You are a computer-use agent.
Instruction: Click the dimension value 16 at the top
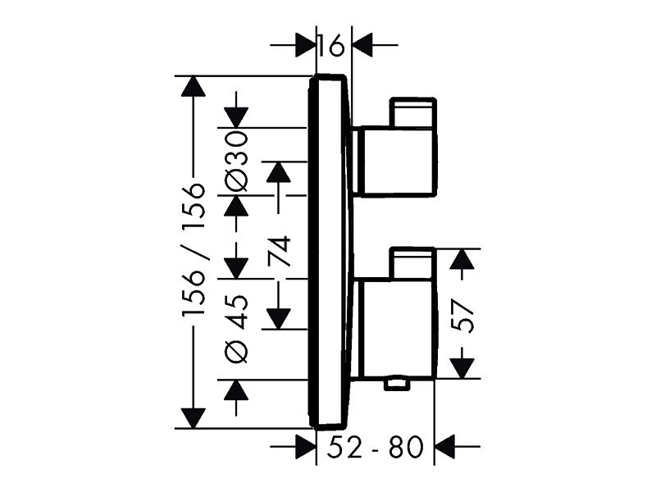(x=331, y=45)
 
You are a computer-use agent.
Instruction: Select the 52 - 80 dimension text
(x=375, y=447)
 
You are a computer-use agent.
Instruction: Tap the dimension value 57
(x=463, y=315)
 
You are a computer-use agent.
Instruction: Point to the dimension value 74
(x=279, y=251)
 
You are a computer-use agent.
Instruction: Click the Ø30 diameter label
(x=236, y=161)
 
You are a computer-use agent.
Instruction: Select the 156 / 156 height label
(x=194, y=250)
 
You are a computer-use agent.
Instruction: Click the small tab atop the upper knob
(x=412, y=112)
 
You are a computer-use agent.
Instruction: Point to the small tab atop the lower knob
(x=412, y=263)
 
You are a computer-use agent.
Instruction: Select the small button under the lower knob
(x=398, y=384)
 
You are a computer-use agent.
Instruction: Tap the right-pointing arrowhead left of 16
(x=305, y=45)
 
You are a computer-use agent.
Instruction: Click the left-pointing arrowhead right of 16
(x=362, y=45)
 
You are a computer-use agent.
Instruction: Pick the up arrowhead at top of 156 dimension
(x=194, y=86)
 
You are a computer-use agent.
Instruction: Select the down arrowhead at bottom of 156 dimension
(x=194, y=418)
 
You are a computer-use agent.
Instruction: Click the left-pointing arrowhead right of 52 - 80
(x=445, y=446)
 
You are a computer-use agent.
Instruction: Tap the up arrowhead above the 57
(x=462, y=259)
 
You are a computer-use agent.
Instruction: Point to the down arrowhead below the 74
(x=279, y=319)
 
